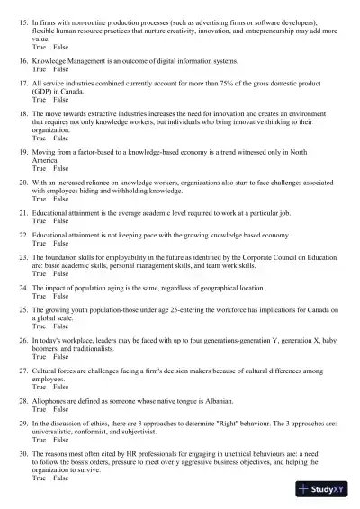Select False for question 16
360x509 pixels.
[61, 69]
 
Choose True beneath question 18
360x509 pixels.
[39, 138]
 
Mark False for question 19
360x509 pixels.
[61, 168]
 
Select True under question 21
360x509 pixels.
[39, 220]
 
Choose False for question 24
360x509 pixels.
[61, 296]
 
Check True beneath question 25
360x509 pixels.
[39, 326]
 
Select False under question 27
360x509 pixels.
[61, 387]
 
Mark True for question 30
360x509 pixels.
[39, 478]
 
